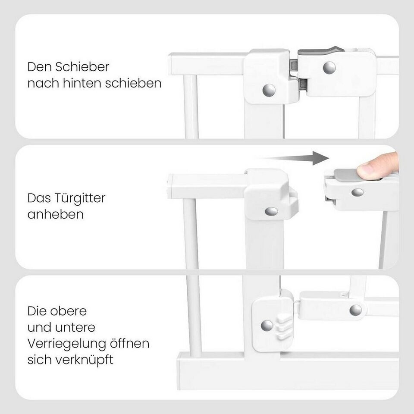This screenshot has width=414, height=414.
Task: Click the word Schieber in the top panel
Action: tap(82, 67)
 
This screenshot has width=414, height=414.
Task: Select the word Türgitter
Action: tap(80, 198)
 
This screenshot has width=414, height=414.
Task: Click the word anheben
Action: tap(56, 214)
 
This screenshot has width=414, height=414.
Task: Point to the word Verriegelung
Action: tap(67, 344)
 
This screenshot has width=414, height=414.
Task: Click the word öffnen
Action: tap(130, 343)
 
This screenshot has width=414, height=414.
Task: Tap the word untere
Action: tap(75, 327)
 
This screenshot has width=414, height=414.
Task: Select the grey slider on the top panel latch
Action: tap(321, 51)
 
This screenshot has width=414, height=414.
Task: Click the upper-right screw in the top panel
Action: tap(329, 68)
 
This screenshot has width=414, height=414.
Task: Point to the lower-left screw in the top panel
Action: tap(269, 90)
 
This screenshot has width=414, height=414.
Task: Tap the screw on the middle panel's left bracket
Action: tap(271, 211)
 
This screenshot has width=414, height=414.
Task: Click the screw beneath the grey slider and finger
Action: tap(358, 192)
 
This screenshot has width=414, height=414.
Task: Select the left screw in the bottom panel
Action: tap(267, 326)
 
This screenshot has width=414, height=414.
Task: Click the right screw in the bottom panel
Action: tap(356, 310)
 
